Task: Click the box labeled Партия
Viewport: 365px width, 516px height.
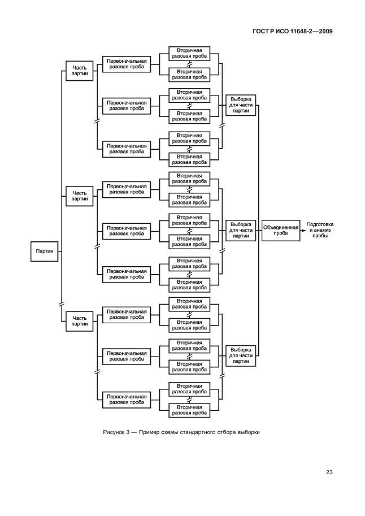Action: pyautogui.click(x=45, y=252)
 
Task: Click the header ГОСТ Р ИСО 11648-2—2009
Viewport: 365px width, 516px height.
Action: pyautogui.click(x=294, y=31)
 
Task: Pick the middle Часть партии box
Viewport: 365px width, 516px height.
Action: pyautogui.click(x=80, y=196)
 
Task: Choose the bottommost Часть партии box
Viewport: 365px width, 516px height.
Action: pyautogui.click(x=80, y=321)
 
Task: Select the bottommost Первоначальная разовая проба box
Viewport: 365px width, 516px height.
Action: pyautogui.click(x=127, y=400)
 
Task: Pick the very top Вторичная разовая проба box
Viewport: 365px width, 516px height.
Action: pyautogui.click(x=190, y=54)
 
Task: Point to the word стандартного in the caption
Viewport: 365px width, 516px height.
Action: pyautogui.click(x=198, y=433)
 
